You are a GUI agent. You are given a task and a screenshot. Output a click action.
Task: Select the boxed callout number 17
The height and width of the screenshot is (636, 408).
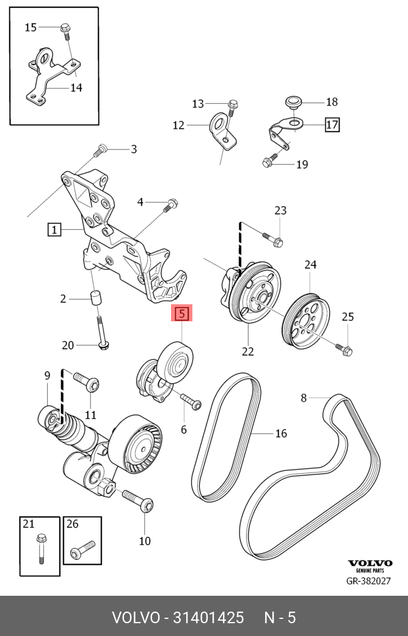tap(332, 125)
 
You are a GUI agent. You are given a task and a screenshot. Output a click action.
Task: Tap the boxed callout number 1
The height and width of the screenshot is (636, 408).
tap(54, 230)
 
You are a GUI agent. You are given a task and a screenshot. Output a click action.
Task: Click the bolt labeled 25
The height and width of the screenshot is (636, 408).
tap(344, 349)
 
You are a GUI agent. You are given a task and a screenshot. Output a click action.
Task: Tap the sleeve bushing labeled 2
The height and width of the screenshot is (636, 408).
tap(96, 299)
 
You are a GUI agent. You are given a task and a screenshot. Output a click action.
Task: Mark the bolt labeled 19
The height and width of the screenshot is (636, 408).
tap(269, 162)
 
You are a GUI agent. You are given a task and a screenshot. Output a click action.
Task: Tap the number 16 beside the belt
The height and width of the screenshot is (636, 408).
tap(280, 434)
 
